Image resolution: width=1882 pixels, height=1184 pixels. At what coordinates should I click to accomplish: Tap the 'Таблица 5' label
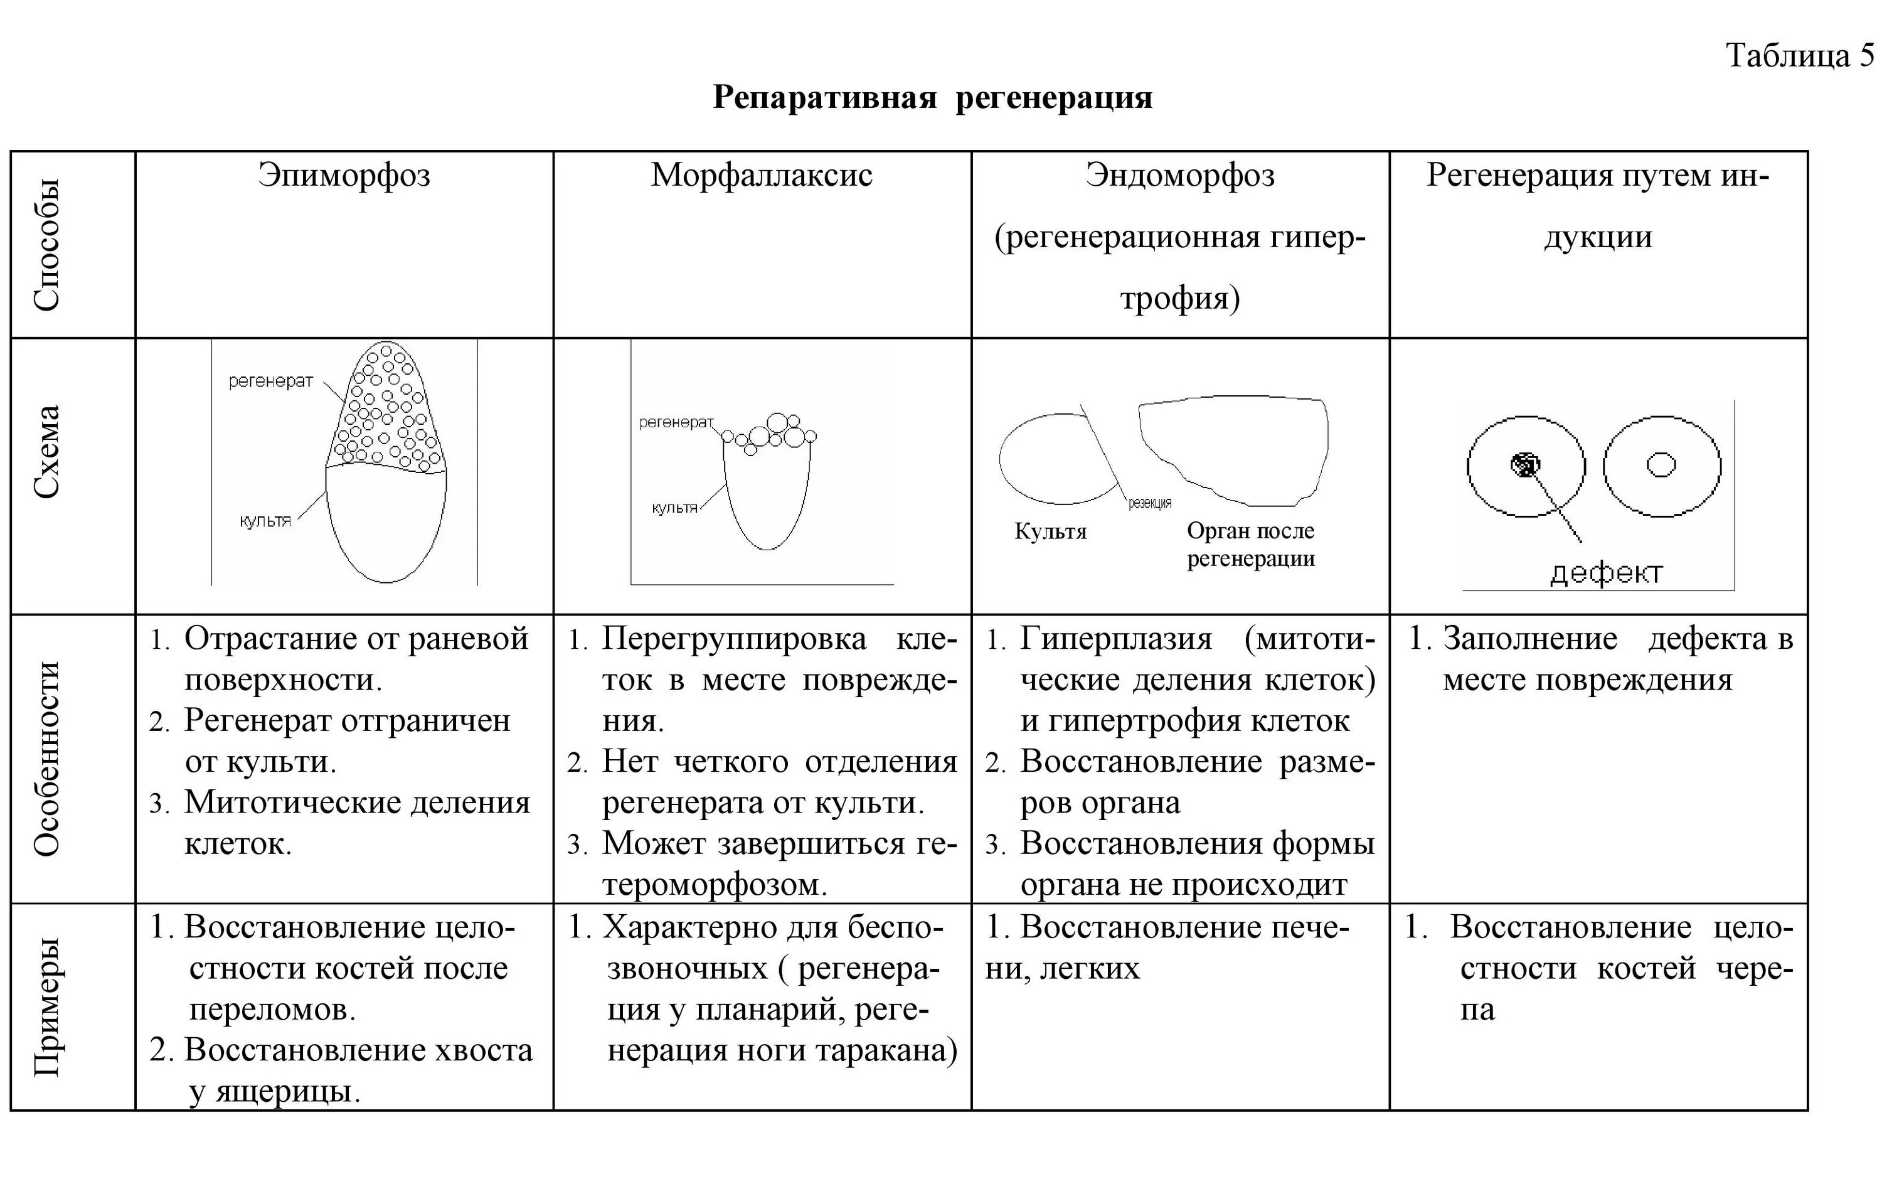pyautogui.click(x=1799, y=55)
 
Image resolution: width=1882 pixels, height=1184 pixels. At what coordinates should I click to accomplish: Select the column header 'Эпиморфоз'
pyautogui.click(x=344, y=175)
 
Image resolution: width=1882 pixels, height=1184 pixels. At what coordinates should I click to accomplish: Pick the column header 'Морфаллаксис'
pyautogui.click(x=761, y=175)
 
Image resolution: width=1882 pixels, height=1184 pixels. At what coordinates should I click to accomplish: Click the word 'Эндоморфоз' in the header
pyautogui.click(x=1179, y=175)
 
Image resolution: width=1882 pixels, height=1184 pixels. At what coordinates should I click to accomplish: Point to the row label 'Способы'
pyautogui.click(x=47, y=245)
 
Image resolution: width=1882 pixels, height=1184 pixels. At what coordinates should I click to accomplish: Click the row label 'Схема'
pyautogui.click(x=47, y=452)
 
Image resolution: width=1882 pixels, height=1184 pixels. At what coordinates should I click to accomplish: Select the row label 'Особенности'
pyautogui.click(x=47, y=758)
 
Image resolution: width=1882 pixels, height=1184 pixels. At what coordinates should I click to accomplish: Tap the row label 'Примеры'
pyautogui.click(x=47, y=1006)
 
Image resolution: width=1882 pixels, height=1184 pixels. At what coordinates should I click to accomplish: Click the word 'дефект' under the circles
pyautogui.click(x=1605, y=573)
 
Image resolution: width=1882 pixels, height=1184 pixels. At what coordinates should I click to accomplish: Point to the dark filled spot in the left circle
pyautogui.click(x=1524, y=466)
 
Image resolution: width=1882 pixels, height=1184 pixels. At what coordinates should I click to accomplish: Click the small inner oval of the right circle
pyautogui.click(x=1661, y=466)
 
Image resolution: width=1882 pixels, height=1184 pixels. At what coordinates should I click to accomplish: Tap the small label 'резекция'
pyautogui.click(x=1150, y=504)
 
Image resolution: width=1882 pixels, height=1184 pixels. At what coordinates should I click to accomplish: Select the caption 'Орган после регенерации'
pyautogui.click(x=1250, y=545)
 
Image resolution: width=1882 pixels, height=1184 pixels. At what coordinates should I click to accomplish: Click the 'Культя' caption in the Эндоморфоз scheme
pyautogui.click(x=1050, y=532)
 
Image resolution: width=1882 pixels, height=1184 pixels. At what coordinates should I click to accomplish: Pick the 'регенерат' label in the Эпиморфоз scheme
pyautogui.click(x=270, y=381)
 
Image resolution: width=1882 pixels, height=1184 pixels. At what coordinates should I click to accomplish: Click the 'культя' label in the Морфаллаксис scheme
pyautogui.click(x=674, y=508)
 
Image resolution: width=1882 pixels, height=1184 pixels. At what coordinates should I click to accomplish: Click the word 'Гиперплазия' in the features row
pyautogui.click(x=1115, y=639)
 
